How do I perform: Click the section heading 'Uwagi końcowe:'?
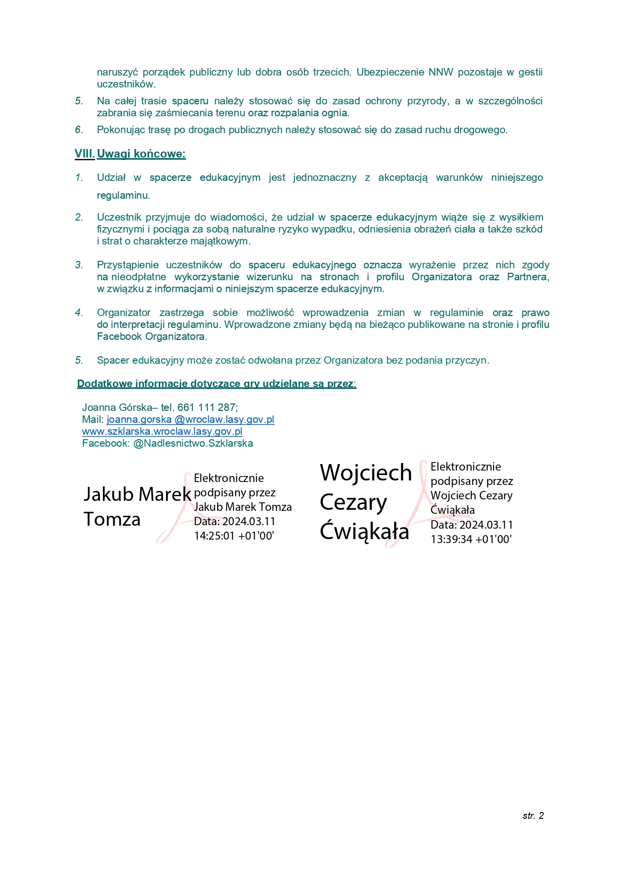coord(141,154)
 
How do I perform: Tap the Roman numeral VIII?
coord(85,154)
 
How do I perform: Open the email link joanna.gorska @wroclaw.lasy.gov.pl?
coord(190,419)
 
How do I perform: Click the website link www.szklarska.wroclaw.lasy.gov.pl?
coord(162,431)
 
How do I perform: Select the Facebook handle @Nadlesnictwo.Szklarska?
coord(193,443)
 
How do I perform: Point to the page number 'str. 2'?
coord(533,815)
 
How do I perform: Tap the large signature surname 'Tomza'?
coord(112,519)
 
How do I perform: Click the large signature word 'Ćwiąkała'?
coord(364,531)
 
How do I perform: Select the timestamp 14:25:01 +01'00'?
coord(234,536)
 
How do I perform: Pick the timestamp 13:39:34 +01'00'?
coord(471,539)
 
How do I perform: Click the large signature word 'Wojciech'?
coord(366,473)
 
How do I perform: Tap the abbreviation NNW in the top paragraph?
coord(441,72)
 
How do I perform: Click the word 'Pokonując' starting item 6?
coord(118,130)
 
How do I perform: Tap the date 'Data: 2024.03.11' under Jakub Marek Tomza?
coord(235,521)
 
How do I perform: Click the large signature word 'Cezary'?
coord(353,502)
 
